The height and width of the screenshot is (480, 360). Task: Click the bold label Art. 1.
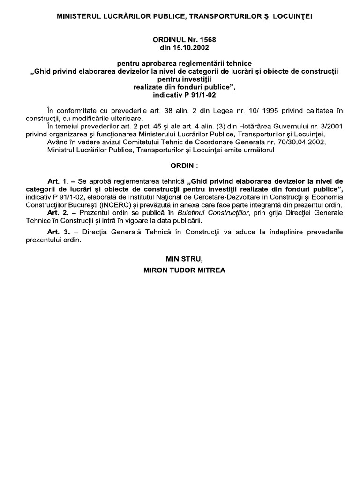[59, 181]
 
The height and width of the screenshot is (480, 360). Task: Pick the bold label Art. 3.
[59, 232]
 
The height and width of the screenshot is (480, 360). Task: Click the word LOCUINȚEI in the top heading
[290, 16]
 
